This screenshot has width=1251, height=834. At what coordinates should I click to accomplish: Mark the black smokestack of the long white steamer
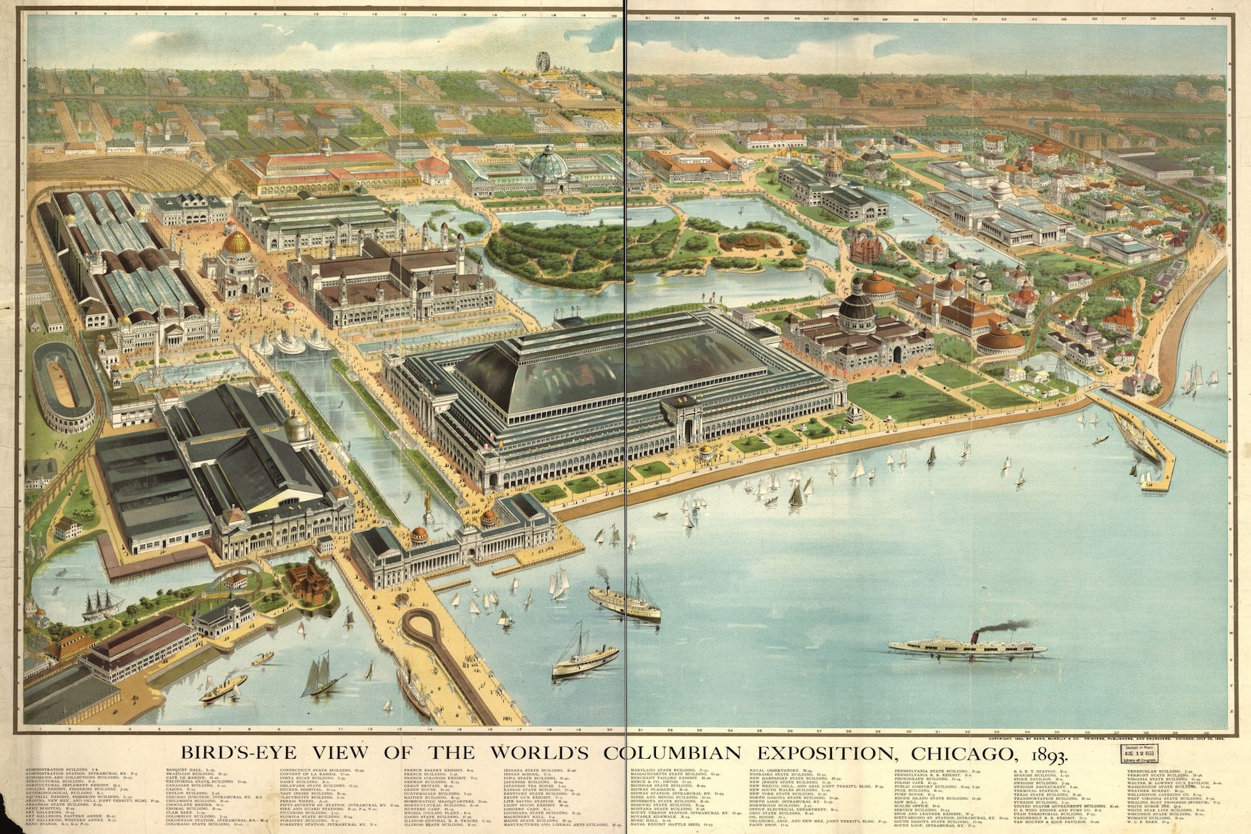(x=976, y=638)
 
